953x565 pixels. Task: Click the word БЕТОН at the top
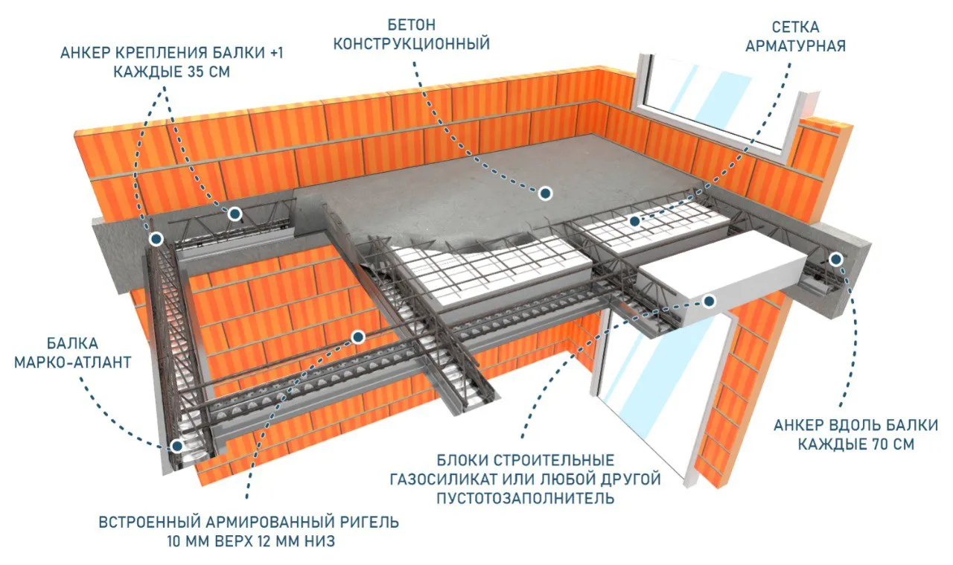(x=412, y=25)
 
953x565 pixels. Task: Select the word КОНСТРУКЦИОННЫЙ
(x=412, y=44)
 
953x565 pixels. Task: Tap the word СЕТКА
(x=795, y=28)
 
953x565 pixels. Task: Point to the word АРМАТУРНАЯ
(x=795, y=46)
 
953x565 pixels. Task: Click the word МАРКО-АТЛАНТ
(x=72, y=363)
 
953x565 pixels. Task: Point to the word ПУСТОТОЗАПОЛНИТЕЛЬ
(x=526, y=498)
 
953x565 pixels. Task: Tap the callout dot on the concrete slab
(x=546, y=194)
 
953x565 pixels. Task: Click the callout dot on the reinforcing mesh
(x=634, y=221)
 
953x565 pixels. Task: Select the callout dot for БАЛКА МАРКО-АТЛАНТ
(x=176, y=446)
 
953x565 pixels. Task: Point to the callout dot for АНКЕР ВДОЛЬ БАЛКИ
(x=836, y=259)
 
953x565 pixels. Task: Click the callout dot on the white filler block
(x=709, y=301)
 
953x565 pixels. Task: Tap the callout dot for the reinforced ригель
(x=358, y=337)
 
